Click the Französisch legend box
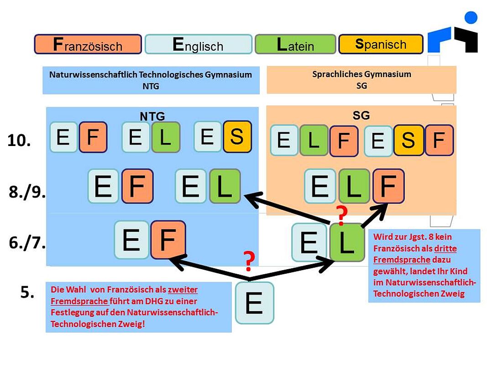pos(88,44)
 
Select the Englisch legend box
pos(199,44)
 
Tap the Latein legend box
pos(295,44)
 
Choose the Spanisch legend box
pos(381,44)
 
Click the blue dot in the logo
pos(471,17)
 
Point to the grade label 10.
pos(19,140)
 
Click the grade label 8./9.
pos(27,192)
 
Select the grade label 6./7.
pos(27,242)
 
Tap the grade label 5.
pos(27,292)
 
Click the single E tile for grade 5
pos(255,303)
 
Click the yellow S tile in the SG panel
pos(408,140)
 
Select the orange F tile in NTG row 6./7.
pos(168,240)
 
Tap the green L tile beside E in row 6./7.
pos(347,242)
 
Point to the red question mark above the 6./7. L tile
pos(342,215)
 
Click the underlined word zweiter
pos(183,290)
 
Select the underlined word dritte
pos(445,248)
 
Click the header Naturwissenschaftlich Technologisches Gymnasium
pos(151,75)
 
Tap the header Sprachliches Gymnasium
pos(362,74)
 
